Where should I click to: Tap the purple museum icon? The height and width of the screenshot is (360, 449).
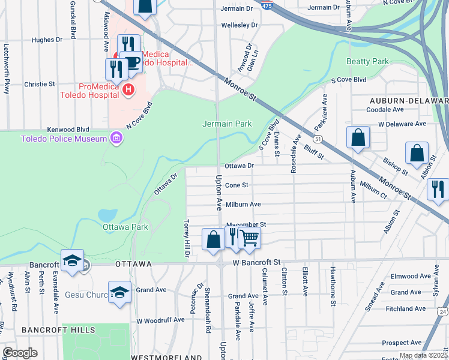coord(116,139)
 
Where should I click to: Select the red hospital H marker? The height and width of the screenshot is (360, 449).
coord(127,90)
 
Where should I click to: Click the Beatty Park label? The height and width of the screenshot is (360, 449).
coord(367,61)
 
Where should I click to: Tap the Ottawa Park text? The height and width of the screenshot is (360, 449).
coord(125,227)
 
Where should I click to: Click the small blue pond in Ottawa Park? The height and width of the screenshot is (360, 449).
coord(106,215)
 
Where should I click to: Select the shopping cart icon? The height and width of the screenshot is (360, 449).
coord(250,237)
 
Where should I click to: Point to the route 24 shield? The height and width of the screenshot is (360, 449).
coord(443,311)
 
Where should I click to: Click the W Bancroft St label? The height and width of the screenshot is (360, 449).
coord(257,263)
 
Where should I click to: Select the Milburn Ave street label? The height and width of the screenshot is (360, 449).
coord(243,205)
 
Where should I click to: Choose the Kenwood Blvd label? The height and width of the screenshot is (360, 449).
coord(68,129)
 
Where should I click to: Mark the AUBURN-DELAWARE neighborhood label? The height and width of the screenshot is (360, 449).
coord(408,100)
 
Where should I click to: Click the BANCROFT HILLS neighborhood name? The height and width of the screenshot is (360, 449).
coord(58,330)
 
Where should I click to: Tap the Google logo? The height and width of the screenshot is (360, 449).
coord(20,353)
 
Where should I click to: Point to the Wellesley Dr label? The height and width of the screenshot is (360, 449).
coord(239,25)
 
